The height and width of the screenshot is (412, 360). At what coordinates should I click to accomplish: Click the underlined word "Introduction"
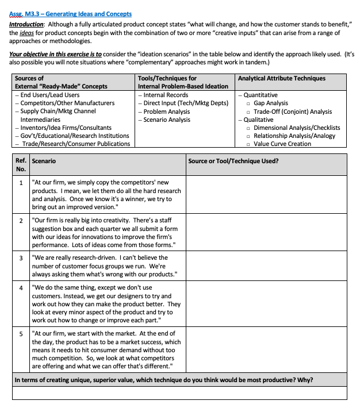tap(27, 25)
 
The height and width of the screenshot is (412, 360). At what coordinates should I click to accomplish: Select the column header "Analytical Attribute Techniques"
tap(281, 78)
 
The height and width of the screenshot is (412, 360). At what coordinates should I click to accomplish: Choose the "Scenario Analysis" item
tap(167, 120)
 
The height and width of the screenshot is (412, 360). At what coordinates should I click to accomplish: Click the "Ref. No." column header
tap(21, 165)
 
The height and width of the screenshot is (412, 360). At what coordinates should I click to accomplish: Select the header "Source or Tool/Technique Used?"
tap(233, 161)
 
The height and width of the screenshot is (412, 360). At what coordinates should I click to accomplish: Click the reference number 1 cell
tap(21, 183)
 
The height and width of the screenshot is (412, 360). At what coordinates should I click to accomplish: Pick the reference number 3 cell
tap(21, 258)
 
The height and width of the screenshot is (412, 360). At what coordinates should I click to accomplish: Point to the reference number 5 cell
tap(21, 333)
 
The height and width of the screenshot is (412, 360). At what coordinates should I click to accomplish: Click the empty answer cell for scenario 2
tap(266, 232)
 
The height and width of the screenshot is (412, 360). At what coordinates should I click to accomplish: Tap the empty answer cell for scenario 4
tap(266, 303)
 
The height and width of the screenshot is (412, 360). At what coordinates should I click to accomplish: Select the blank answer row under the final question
tap(179, 393)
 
